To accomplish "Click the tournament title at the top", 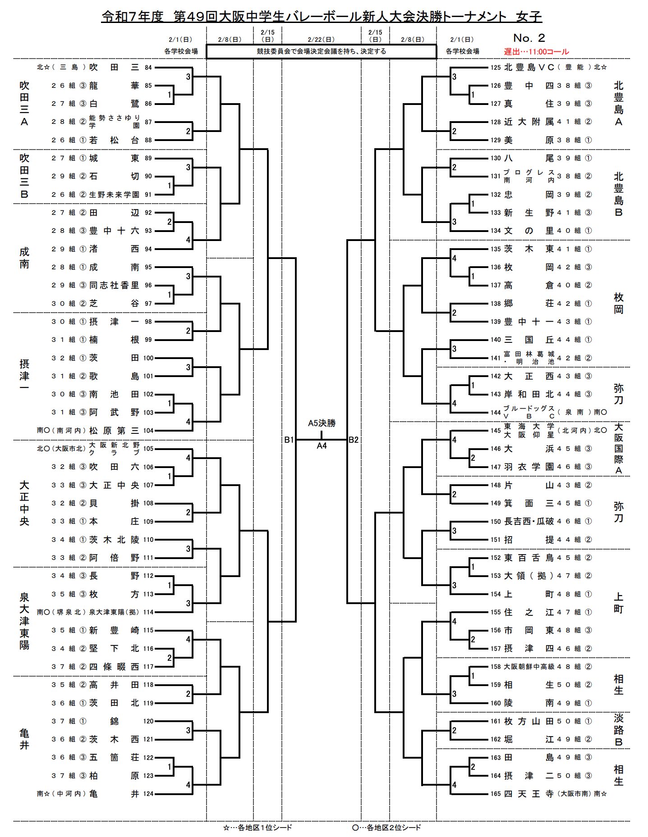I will point(322,17).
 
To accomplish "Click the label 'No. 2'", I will point(529,38).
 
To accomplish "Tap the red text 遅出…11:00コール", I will point(536,52).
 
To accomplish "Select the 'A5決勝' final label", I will point(322,423).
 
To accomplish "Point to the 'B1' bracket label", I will point(289,440).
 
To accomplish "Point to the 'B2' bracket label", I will point(354,440).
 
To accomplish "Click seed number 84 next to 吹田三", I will point(148,68).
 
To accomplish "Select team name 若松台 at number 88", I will point(114,140).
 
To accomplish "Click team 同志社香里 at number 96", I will point(114,285).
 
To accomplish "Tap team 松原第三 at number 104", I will point(114,431).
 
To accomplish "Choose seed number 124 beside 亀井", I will point(148,794).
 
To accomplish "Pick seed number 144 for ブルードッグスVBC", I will point(496,412).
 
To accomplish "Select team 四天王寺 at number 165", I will point(529,794).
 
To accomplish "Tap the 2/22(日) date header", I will point(321,40).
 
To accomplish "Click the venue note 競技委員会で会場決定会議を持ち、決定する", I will point(321,51).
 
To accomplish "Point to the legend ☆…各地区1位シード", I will point(257,827).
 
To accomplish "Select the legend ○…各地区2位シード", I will point(386,827).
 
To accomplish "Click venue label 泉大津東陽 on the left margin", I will point(24,621).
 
